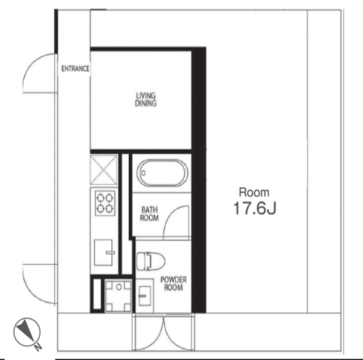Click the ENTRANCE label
75,69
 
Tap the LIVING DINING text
146,99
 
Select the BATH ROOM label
150,214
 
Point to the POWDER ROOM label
174,283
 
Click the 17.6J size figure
255,208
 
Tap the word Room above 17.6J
254,193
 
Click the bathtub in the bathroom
162,173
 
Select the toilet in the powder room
151,261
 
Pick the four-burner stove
105,204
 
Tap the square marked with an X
103,170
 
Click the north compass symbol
27,332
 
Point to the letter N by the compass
38,346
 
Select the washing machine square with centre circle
119,296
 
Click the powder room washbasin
145,296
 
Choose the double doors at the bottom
163,333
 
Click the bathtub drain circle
143,173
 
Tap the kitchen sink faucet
110,252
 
